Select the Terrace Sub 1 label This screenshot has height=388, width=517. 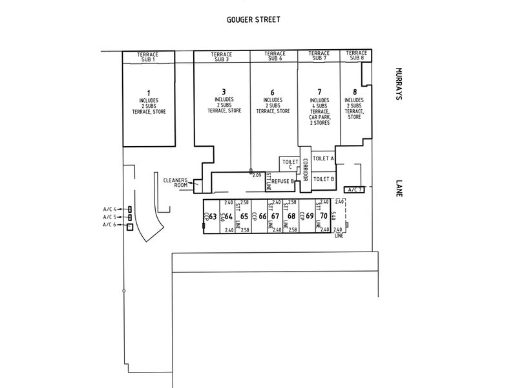(148, 57)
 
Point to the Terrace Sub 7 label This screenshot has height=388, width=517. (319, 56)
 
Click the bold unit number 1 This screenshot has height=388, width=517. (148, 92)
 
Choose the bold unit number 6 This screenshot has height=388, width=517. (273, 92)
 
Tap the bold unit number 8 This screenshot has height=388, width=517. (355, 92)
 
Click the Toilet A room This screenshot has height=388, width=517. (323, 158)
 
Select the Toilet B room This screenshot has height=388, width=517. (323, 178)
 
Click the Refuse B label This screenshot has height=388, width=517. (282, 182)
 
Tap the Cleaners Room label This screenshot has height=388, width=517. (175, 182)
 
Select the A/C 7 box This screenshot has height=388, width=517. (355, 189)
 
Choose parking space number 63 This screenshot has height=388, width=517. (213, 216)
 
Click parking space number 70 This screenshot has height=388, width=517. (324, 216)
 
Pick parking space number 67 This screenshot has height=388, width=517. (276, 216)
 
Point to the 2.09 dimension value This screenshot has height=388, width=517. (257, 175)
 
